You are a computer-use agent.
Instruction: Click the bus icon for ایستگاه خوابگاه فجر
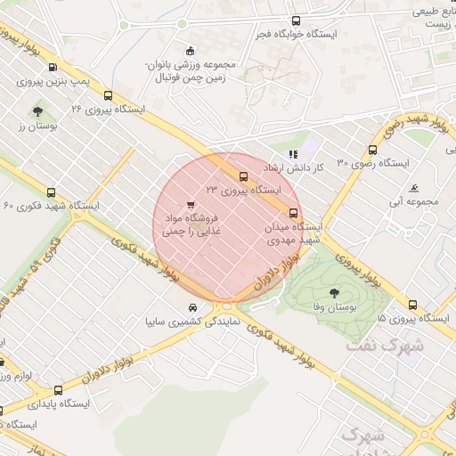pos(296,20)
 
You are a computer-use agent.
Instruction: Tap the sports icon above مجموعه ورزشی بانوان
pos(188,50)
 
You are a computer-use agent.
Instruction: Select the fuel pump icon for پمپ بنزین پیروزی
pos(53,67)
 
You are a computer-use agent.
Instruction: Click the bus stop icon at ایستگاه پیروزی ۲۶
pos(109,95)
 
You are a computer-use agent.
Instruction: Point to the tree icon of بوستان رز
pos(37,111)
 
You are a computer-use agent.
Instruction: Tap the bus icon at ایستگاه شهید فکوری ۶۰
pos(50,192)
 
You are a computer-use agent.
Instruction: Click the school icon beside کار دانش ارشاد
pos(294,154)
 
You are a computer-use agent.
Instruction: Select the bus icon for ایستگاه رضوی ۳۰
pos(372,151)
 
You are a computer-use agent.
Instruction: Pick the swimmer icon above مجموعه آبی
pos(416,188)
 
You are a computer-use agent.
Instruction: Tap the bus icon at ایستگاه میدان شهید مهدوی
pos(293,212)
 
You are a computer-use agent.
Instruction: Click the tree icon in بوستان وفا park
pos(334,291)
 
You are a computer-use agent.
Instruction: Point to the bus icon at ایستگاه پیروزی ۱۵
pos(413,304)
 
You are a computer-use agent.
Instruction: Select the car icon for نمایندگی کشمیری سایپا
pos(181,306)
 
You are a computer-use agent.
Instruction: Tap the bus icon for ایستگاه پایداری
pos(59,390)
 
